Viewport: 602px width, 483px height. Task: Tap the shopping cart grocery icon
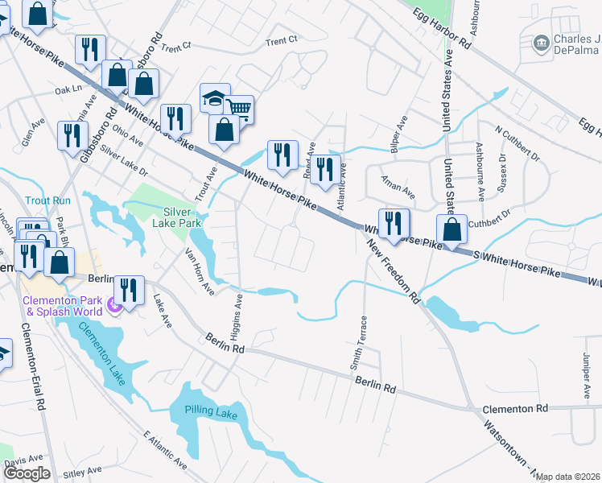point(238,109)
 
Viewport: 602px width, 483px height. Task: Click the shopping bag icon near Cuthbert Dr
point(452,229)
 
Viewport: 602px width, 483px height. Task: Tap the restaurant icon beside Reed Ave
point(324,169)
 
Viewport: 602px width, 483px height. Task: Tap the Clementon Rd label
point(515,408)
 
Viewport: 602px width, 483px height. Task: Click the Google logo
point(27,473)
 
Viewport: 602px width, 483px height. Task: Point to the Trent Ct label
point(281,39)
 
